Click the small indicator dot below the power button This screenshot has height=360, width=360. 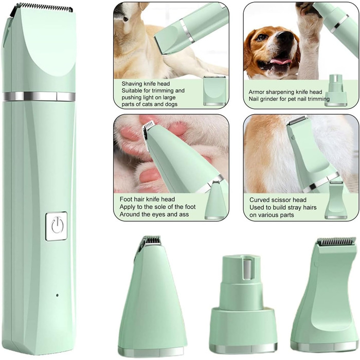(x=57, y=295)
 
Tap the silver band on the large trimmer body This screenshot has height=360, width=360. (x=39, y=96)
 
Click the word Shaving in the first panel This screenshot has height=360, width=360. (x=133, y=83)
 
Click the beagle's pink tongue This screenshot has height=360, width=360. (x=280, y=61)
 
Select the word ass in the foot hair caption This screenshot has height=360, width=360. (x=184, y=214)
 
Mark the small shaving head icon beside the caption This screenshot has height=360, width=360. (x=214, y=91)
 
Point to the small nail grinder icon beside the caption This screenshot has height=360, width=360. (x=336, y=90)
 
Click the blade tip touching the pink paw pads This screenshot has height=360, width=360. (x=149, y=126)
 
